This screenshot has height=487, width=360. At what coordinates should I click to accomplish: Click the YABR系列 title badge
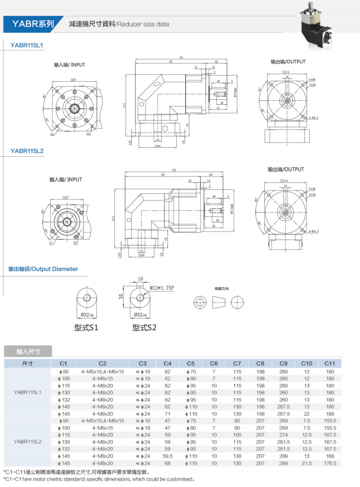(32, 24)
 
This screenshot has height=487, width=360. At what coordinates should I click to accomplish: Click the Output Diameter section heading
(43, 269)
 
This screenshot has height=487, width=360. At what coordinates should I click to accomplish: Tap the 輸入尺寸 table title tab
(26, 350)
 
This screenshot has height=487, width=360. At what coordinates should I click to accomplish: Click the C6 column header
(214, 363)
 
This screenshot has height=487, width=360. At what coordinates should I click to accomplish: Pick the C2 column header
(102, 363)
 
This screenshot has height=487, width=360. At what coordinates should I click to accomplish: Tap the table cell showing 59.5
(167, 455)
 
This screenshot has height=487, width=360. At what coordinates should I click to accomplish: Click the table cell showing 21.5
(306, 463)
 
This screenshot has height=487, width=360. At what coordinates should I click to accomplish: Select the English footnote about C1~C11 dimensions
(99, 479)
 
